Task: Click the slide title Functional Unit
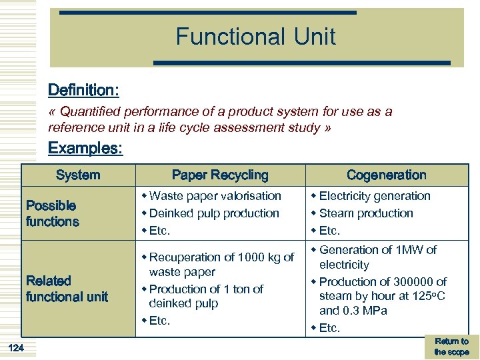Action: click(256, 36)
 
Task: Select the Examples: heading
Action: click(85, 148)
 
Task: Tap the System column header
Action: click(78, 175)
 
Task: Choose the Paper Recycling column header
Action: click(220, 175)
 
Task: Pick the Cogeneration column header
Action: click(387, 175)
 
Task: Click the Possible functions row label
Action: click(52, 213)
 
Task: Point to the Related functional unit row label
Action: click(67, 289)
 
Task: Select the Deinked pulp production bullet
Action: click(213, 213)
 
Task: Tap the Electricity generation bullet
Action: click(374, 196)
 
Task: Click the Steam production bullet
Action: click(365, 213)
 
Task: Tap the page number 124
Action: click(17, 347)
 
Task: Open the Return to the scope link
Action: click(451, 346)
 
